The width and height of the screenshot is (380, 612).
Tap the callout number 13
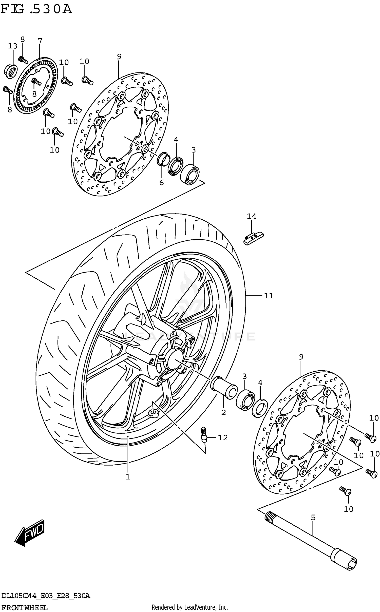coord(12,46)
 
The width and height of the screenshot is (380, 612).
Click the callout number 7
coord(40,41)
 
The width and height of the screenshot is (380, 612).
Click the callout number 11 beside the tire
coord(269,295)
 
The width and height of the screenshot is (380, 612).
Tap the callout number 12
coord(223,437)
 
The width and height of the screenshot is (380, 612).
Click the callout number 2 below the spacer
coord(223,412)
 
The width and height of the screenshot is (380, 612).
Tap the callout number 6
coord(161,182)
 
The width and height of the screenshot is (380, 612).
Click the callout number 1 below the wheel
coord(128,477)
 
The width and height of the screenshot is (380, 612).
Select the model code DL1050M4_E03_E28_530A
coord(46,596)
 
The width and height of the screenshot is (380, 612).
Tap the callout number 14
coord(251,216)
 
